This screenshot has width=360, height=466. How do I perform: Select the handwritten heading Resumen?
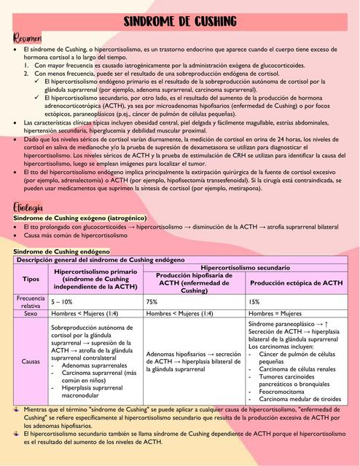[28, 37]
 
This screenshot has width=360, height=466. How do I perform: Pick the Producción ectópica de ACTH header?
[296, 283]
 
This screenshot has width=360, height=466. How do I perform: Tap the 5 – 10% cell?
[63, 301]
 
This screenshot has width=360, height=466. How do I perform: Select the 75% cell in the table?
[152, 301]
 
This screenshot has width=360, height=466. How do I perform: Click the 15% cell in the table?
[254, 301]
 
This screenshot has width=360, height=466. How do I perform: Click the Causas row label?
[31, 360]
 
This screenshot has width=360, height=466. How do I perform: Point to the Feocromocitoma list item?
[283, 391]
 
